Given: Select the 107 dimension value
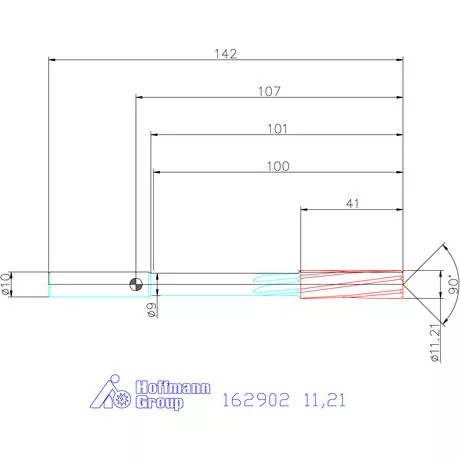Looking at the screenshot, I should coord(269,91).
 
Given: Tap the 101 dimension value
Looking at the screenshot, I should coord(277,128).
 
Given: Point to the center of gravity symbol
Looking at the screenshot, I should coord(134,284).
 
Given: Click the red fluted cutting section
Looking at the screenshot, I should coord(350,284).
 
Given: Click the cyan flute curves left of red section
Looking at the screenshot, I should coord(275,284).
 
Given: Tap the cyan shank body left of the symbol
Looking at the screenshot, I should coord(90,284).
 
